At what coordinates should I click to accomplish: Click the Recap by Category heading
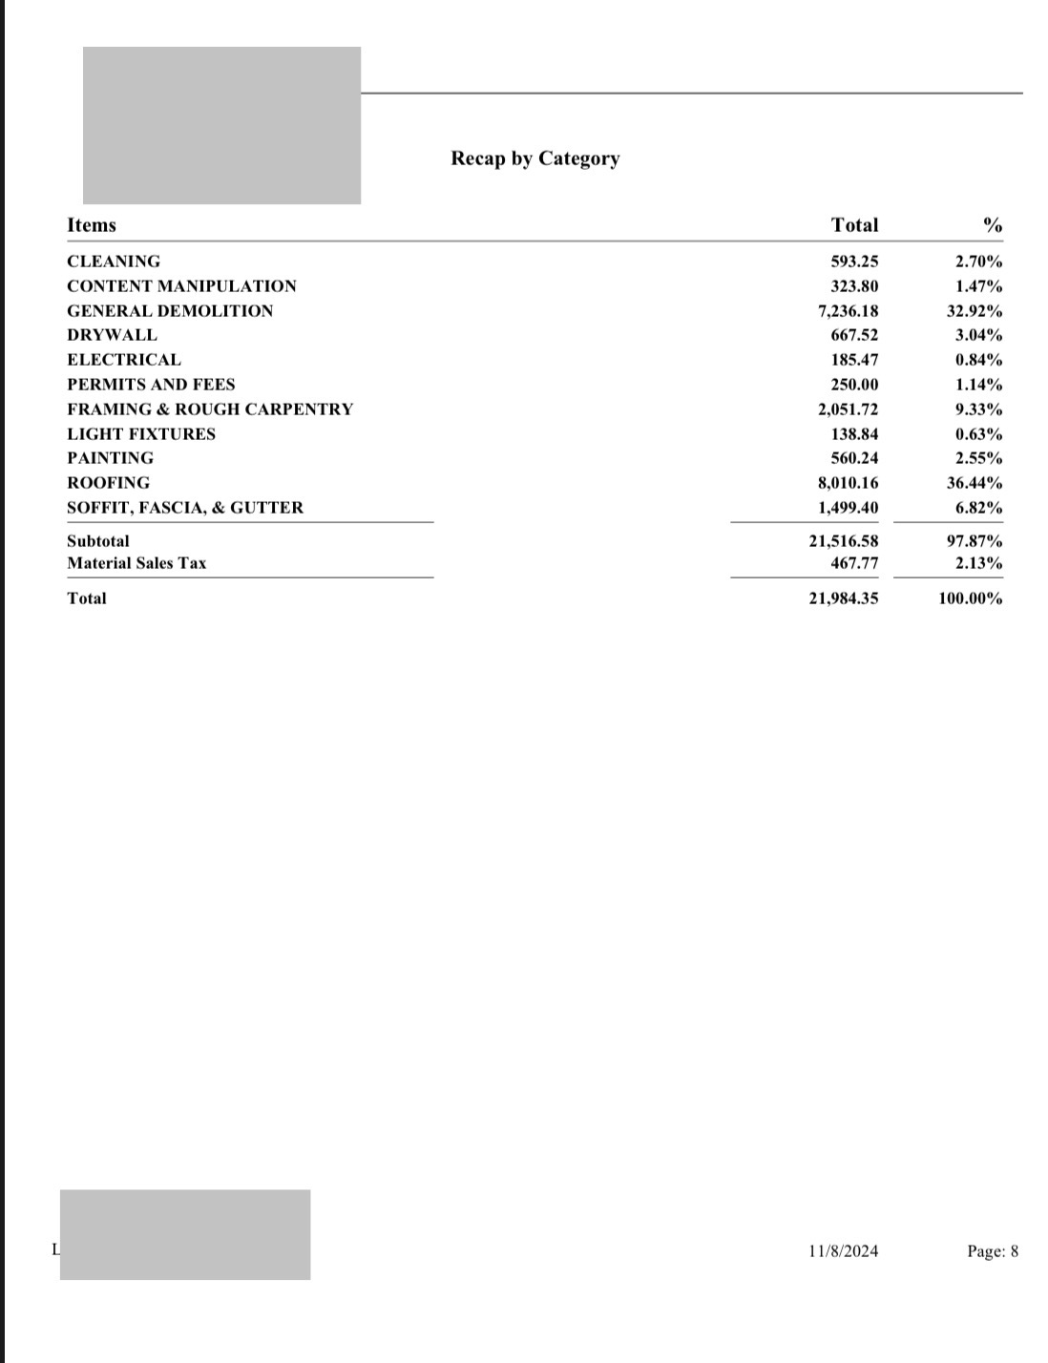click(534, 158)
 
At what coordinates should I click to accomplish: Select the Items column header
click(92, 225)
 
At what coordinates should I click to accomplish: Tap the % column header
click(993, 225)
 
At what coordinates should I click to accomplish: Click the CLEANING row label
click(114, 262)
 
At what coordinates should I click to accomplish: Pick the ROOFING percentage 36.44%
click(968, 483)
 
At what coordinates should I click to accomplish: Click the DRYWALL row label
click(112, 335)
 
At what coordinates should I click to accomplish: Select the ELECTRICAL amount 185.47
click(854, 360)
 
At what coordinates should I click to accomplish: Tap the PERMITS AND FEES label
click(151, 385)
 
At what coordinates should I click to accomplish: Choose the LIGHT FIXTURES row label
click(141, 434)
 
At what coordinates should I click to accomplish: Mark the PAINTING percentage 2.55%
click(978, 458)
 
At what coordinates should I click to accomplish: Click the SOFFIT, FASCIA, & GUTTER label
click(185, 508)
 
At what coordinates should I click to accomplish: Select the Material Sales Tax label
click(136, 563)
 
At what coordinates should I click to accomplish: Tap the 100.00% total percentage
click(970, 598)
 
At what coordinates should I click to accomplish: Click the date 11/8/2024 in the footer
click(843, 1251)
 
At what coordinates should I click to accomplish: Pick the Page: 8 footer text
click(993, 1251)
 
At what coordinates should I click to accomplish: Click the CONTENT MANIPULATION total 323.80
click(854, 286)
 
